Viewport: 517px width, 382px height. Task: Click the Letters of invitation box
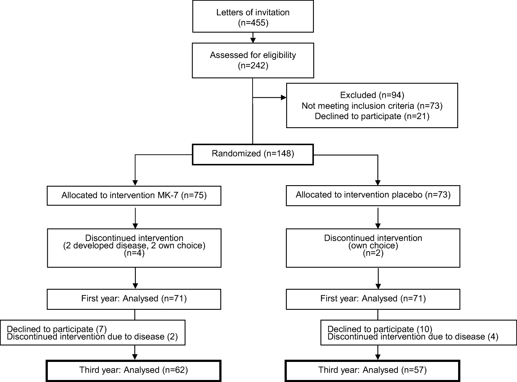tap(253, 17)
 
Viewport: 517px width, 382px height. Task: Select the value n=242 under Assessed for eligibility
tap(253, 66)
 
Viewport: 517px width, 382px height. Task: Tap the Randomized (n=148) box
tap(253, 154)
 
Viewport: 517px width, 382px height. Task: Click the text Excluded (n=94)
tap(372, 95)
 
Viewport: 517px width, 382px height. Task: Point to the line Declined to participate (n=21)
tap(372, 116)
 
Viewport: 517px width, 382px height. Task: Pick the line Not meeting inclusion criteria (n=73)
tap(372, 106)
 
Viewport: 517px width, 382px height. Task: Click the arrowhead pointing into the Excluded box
tap(283, 98)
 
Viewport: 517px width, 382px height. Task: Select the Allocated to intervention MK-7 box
tap(134, 195)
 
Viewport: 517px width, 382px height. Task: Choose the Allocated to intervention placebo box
tap(373, 195)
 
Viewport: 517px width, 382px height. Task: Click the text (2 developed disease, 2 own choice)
tap(134, 246)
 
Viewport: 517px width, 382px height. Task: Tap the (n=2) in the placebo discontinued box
tap(373, 253)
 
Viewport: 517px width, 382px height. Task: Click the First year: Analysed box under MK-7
tap(134, 298)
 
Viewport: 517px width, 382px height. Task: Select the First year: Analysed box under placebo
tap(373, 298)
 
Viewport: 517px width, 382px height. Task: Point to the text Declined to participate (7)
tap(57, 329)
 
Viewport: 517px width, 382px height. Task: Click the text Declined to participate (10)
tap(380, 329)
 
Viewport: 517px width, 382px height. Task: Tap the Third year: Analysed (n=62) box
tap(133, 370)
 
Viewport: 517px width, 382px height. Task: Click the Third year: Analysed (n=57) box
tap(372, 370)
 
